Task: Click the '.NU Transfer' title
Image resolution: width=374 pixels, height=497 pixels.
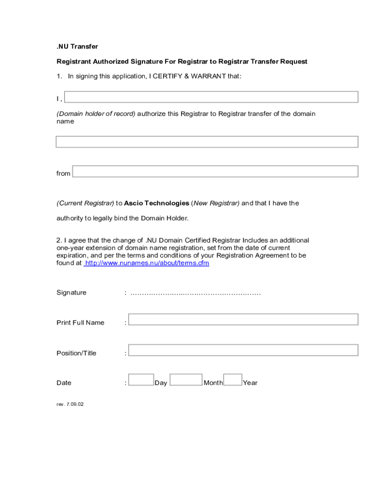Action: pyautogui.click(x=77, y=47)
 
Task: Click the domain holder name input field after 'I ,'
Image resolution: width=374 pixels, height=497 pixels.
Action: pyautogui.click(x=211, y=97)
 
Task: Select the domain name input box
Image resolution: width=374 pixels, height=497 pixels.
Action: pyautogui.click(x=207, y=142)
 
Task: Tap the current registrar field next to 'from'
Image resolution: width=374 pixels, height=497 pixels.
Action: pyautogui.click(x=215, y=171)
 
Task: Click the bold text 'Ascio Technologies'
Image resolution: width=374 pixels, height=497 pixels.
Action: pyautogui.click(x=156, y=203)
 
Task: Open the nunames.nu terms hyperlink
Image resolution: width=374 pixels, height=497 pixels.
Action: pyautogui.click(x=147, y=263)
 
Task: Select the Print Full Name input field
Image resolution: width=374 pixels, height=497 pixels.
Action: pyautogui.click(x=243, y=319)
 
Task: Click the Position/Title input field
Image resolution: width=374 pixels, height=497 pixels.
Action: pyautogui.click(x=243, y=350)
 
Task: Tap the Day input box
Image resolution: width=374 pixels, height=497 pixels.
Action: pyautogui.click(x=141, y=380)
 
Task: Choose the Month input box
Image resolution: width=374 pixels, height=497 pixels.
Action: pyautogui.click(x=186, y=380)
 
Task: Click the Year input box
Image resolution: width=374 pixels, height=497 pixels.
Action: pyautogui.click(x=233, y=380)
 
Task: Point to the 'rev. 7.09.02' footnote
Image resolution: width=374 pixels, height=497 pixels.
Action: pyautogui.click(x=70, y=404)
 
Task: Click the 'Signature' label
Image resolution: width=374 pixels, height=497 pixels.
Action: pyautogui.click(x=71, y=293)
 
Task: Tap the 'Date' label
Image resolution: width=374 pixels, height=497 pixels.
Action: pyautogui.click(x=64, y=383)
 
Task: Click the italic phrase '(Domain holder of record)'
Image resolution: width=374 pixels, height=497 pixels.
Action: pyautogui.click(x=96, y=114)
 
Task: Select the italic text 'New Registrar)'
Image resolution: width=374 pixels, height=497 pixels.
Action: pyautogui.click(x=217, y=203)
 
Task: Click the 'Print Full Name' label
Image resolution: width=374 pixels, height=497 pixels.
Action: pyautogui.click(x=80, y=323)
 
